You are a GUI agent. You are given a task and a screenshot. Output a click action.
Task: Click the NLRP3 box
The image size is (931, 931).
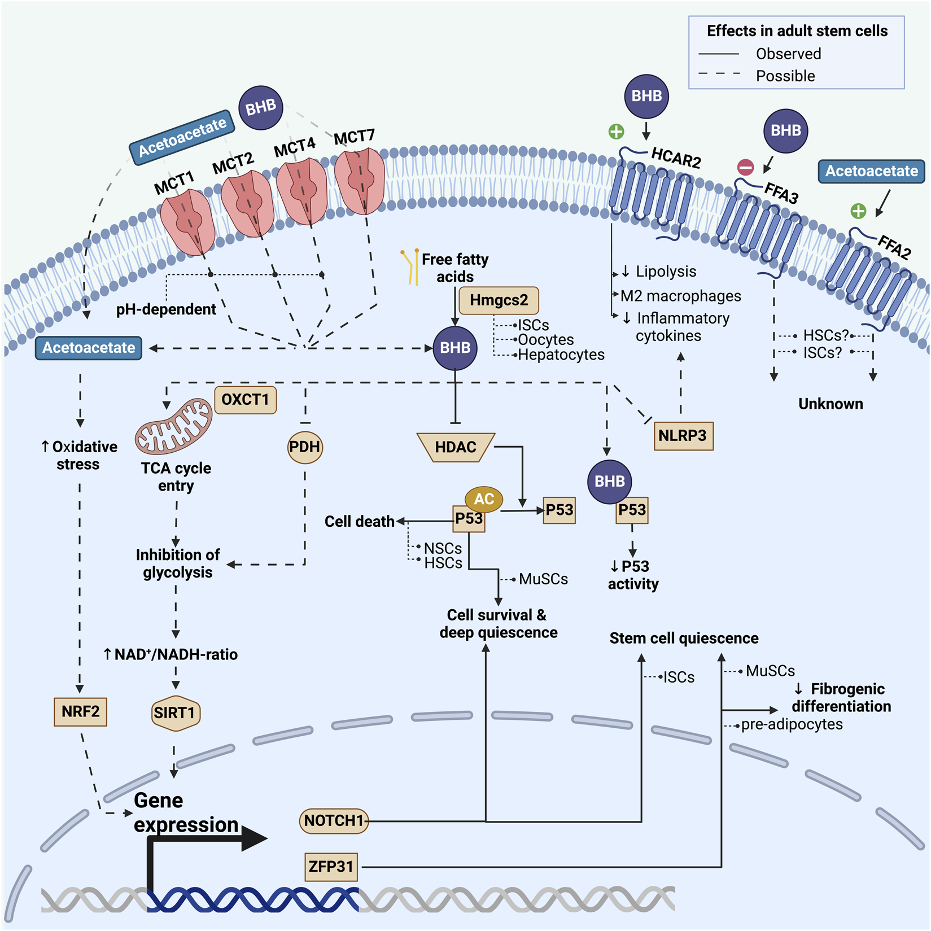[683, 436]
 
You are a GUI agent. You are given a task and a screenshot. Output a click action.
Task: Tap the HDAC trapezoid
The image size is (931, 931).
[456, 447]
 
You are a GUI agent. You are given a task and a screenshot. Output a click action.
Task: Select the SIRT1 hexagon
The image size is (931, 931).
[176, 713]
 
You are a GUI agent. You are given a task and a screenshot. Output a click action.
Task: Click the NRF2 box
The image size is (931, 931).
[81, 711]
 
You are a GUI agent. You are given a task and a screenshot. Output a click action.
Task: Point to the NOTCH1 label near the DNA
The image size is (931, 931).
[334, 820]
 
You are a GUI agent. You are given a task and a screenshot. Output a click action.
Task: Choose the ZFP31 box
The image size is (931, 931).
[331, 866]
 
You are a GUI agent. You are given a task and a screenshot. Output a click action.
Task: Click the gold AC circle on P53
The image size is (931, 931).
[484, 499]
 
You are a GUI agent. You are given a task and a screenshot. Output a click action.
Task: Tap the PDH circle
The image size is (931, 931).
[305, 447]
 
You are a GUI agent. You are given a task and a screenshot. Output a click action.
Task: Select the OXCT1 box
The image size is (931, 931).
[245, 400]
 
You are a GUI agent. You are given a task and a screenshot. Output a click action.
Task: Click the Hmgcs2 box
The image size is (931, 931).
[499, 300]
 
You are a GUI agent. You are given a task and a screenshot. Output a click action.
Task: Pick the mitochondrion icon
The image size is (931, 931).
[173, 426]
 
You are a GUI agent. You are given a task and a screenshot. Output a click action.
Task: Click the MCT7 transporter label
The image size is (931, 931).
[354, 137]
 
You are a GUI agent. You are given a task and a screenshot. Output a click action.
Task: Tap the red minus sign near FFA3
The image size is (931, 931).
[745, 167]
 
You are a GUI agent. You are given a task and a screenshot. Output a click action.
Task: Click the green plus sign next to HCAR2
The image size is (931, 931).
[616, 132]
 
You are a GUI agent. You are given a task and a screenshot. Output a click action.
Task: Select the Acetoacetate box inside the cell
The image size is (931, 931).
[89, 348]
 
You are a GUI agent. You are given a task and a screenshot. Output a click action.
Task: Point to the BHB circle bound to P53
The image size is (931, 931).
[610, 482]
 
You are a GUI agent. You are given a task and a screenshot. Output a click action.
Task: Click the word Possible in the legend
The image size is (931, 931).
[785, 76]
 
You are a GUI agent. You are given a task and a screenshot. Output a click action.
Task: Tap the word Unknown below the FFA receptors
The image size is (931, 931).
[831, 404]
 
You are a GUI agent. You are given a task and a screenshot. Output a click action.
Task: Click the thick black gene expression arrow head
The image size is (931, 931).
[255, 838]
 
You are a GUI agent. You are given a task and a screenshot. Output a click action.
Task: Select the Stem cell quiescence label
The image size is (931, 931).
[684, 639]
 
